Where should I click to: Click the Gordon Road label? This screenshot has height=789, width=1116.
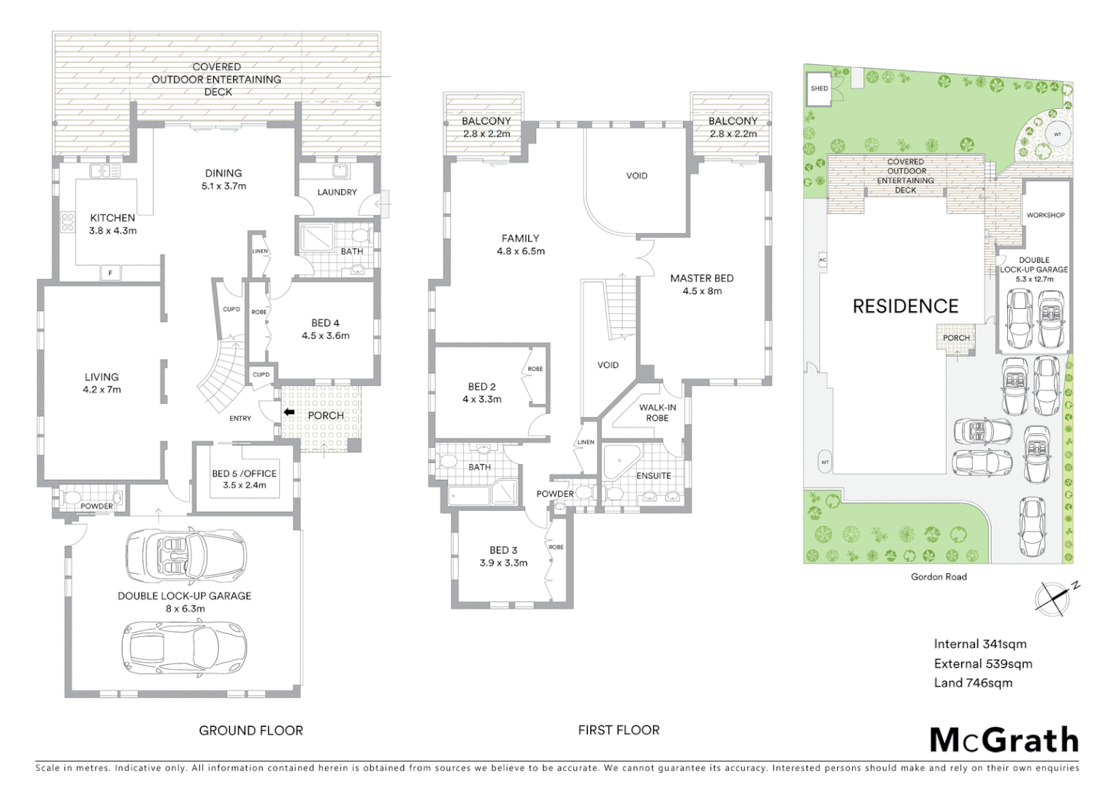tap(939, 576)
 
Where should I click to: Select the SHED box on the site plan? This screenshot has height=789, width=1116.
tap(819, 89)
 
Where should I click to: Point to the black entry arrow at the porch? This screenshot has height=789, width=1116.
tap(289, 413)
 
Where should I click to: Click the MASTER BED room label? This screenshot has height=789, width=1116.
tap(702, 284)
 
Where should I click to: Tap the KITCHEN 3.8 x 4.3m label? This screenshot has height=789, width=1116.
tap(112, 224)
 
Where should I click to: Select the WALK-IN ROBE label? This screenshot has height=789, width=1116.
tap(657, 413)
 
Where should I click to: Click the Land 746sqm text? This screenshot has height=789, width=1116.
tap(973, 683)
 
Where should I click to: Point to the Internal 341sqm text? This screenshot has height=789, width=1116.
tap(980, 644)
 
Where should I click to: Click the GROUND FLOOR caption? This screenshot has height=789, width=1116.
tap(251, 730)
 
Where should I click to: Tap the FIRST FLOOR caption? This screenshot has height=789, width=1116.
tap(619, 730)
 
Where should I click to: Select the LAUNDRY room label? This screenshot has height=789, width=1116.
tap(337, 192)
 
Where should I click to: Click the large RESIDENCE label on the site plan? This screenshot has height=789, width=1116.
tap(906, 306)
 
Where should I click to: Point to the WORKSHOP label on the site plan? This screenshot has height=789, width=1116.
tap(1045, 215)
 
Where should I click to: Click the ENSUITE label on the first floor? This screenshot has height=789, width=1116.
tap(654, 476)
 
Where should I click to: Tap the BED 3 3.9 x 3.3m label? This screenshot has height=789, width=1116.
tap(504, 556)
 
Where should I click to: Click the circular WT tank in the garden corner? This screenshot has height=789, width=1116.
tap(1057, 134)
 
